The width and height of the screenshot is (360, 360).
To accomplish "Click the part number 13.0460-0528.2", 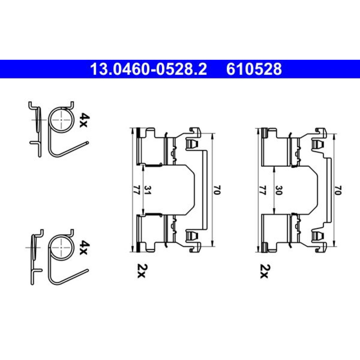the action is [x=149, y=69].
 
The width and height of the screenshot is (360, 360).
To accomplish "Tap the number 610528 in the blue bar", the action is [x=254, y=69].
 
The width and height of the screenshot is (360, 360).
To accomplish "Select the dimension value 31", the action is [x=147, y=190].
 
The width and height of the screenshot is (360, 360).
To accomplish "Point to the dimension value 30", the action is [x=278, y=190].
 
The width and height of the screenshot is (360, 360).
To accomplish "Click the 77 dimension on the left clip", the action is [x=136, y=190].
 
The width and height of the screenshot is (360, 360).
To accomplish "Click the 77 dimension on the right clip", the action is [x=263, y=190].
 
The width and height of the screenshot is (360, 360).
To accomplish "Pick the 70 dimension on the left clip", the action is [x=217, y=190].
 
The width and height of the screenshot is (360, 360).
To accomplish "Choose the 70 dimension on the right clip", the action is [x=338, y=190].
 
